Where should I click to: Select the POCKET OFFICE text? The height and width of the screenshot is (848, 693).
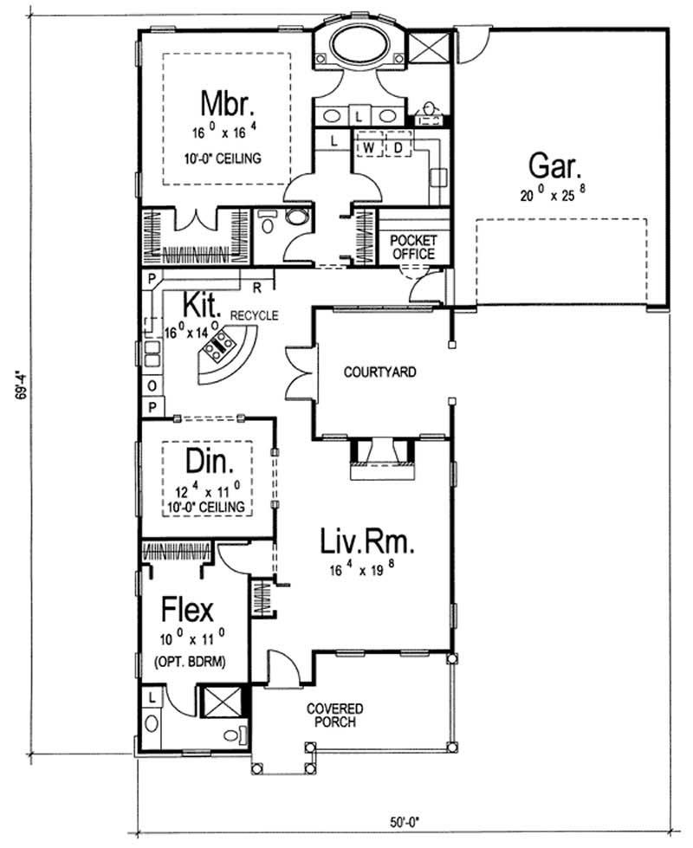tap(413, 247)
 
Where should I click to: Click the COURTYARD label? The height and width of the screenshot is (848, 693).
tap(380, 372)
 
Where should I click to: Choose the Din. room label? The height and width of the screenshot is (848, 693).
tap(205, 463)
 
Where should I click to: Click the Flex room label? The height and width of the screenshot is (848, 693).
tap(187, 611)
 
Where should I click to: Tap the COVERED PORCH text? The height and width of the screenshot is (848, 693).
tap(334, 715)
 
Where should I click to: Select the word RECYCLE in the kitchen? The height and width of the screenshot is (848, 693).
tap(254, 316)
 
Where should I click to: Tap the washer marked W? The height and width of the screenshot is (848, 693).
tap(368, 148)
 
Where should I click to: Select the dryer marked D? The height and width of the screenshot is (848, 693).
tap(398, 148)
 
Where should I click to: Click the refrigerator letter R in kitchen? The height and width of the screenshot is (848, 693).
tap(257, 284)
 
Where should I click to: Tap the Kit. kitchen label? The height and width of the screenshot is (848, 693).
tap(202, 304)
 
